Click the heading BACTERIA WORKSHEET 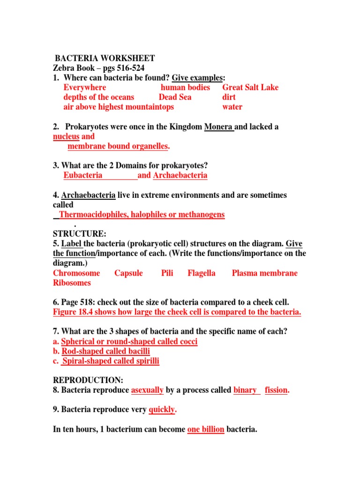tap(105, 58)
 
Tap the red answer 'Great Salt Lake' tap(250, 87)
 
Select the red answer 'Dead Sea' tap(175, 97)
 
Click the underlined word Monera tap(219, 127)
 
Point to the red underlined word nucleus tap(66, 136)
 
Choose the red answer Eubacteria tap(83, 175)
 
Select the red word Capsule tap(128, 273)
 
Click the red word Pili tap(167, 273)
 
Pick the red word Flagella tap(202, 273)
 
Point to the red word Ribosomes tap(72, 283)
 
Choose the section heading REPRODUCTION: tap(88, 380)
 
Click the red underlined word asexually tap(147, 390)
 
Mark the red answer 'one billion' tap(206, 429)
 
